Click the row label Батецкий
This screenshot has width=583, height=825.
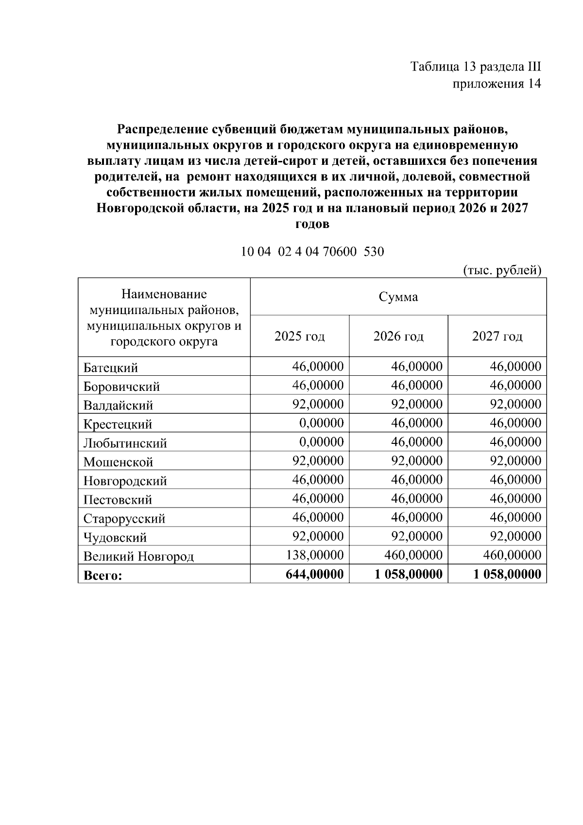pyautogui.click(x=111, y=368)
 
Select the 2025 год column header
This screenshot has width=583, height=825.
pyautogui.click(x=300, y=336)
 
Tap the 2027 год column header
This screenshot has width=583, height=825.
pyautogui.click(x=497, y=336)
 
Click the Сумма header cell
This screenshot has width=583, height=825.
pyautogui.click(x=398, y=297)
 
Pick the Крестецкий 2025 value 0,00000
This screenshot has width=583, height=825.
pyautogui.click(x=321, y=423)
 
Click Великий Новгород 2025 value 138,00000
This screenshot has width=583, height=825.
pyautogui.click(x=315, y=555)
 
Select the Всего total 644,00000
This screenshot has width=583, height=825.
pyautogui.click(x=315, y=574)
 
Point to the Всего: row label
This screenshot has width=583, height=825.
pyautogui.click(x=103, y=576)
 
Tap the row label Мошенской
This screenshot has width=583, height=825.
pyautogui.click(x=118, y=462)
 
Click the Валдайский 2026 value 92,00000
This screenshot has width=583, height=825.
pyautogui.click(x=417, y=404)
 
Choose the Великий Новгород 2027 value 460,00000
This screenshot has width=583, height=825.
pyautogui.click(x=512, y=555)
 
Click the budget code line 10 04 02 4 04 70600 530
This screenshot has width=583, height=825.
pyautogui.click(x=312, y=252)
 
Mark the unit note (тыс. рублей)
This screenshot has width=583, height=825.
pyautogui.click(x=502, y=270)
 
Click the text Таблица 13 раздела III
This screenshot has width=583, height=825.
pyautogui.click(x=476, y=67)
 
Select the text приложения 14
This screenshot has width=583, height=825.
pyautogui.click(x=497, y=84)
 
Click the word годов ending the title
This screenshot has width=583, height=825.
pyautogui.click(x=312, y=224)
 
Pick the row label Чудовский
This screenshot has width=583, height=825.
pyautogui.click(x=115, y=538)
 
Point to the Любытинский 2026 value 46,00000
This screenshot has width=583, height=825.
pyautogui.click(x=417, y=442)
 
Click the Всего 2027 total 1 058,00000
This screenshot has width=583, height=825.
pyautogui.click(x=507, y=574)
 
